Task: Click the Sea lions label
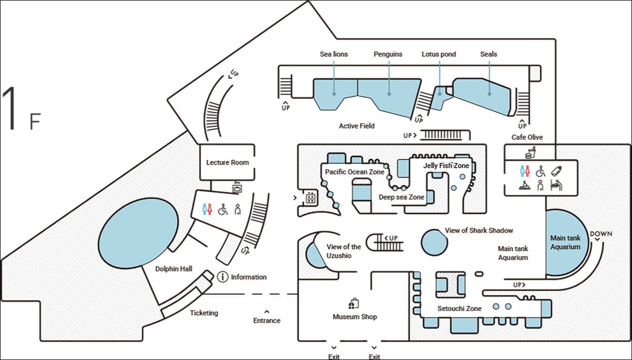[x=334, y=54]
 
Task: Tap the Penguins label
[x=388, y=54]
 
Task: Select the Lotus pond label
[x=439, y=54]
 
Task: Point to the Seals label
[x=488, y=54]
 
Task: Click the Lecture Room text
[x=227, y=162]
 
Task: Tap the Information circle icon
[x=222, y=276]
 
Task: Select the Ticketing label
[x=203, y=313]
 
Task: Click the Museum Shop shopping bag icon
[x=354, y=304]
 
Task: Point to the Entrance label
[x=267, y=321]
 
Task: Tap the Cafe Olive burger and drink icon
[x=530, y=152]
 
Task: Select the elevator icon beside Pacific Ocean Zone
[x=310, y=199]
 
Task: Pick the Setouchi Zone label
[x=459, y=308]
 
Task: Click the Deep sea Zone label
[x=401, y=197]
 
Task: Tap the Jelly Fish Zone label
[x=446, y=166]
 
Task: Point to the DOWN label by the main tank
[x=600, y=234]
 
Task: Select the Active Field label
[x=356, y=126]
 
